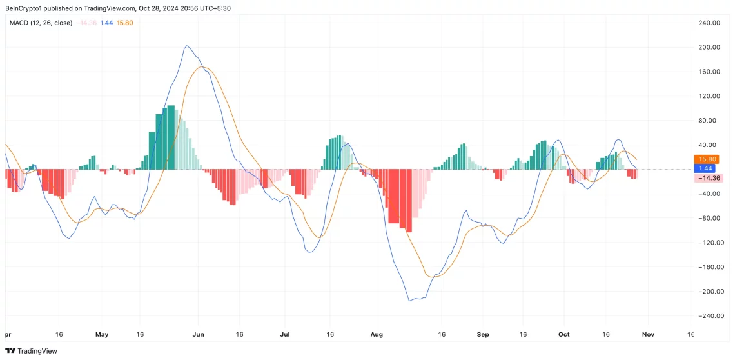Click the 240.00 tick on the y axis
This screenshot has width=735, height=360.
[x=709, y=23]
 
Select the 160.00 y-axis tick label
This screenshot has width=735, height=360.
[x=709, y=72]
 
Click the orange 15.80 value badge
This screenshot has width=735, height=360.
[x=707, y=159]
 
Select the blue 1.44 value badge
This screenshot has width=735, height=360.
[x=705, y=168]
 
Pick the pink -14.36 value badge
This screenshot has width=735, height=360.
[x=707, y=178]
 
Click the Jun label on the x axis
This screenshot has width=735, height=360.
[x=198, y=335]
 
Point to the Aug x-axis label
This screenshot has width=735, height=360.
[x=377, y=335]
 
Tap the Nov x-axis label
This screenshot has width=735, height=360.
[x=648, y=335]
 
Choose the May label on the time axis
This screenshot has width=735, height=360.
[x=101, y=335]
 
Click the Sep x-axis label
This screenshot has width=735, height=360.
[x=483, y=335]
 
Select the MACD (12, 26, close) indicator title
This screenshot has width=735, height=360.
[x=41, y=23]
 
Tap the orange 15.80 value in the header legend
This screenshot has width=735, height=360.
[x=124, y=23]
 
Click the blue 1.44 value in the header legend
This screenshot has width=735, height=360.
[x=106, y=23]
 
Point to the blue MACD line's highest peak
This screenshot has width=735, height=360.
[x=186, y=46]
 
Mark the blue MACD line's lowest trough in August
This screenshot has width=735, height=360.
[x=409, y=301]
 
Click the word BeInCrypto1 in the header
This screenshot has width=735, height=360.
[x=25, y=8]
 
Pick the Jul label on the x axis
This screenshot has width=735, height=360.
[x=285, y=335]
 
